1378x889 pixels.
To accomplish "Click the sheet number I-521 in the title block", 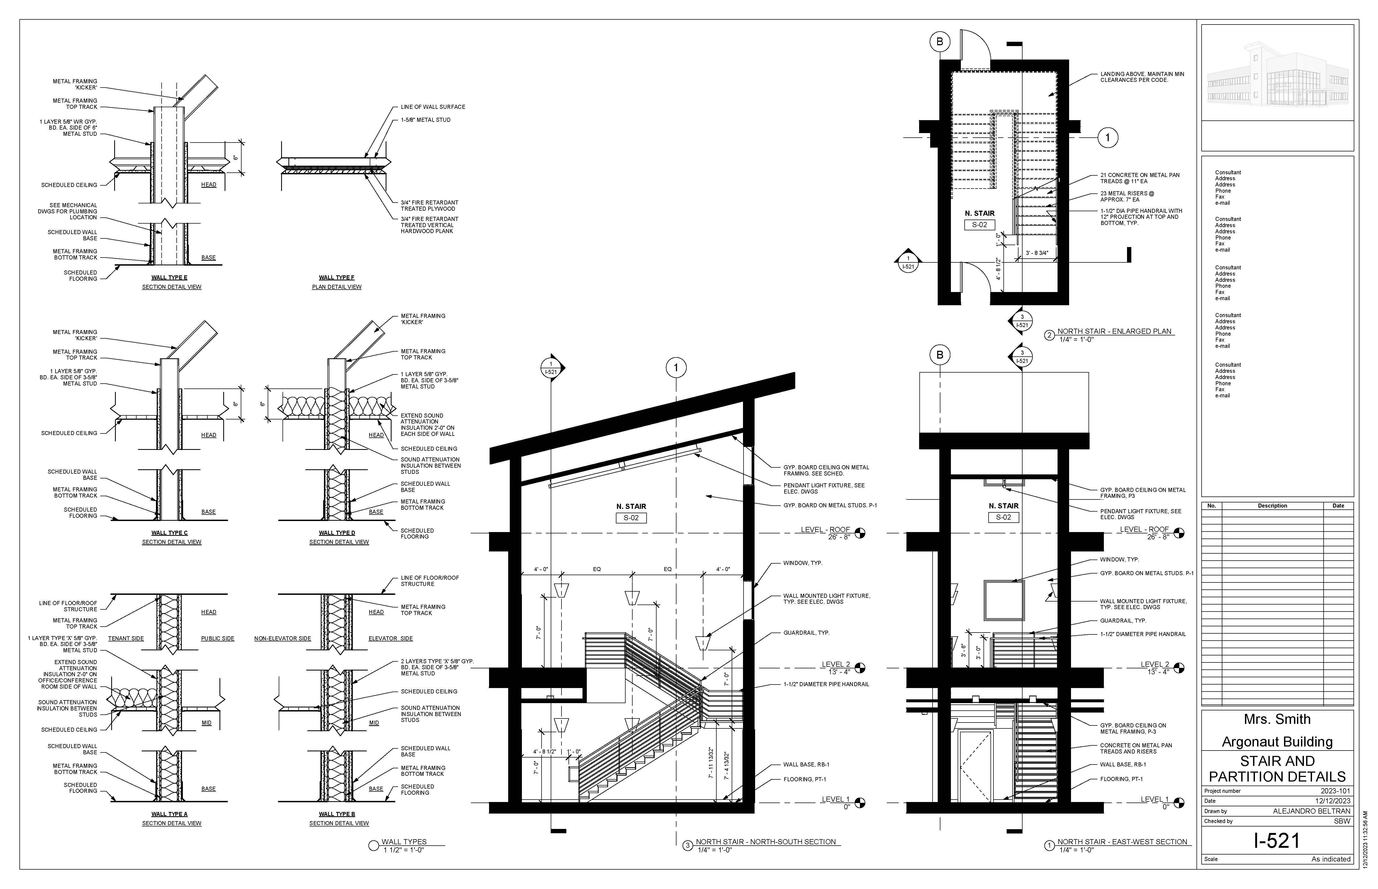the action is pyautogui.click(x=1277, y=841).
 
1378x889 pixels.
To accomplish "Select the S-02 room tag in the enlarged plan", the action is pyautogui.click(x=979, y=225).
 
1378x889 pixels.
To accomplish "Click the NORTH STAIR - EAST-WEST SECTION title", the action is pyautogui.click(x=1122, y=842).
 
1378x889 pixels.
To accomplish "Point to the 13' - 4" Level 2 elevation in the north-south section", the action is pyautogui.click(x=840, y=672).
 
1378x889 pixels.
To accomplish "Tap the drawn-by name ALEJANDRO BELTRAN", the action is pyautogui.click(x=1312, y=811).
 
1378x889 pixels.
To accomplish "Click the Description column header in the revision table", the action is pyautogui.click(x=1272, y=506).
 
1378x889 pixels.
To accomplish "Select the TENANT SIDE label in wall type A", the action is pyautogui.click(x=126, y=638).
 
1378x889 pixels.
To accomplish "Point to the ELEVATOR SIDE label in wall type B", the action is pyautogui.click(x=391, y=638).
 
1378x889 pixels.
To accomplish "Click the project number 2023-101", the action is pyautogui.click(x=1335, y=791).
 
